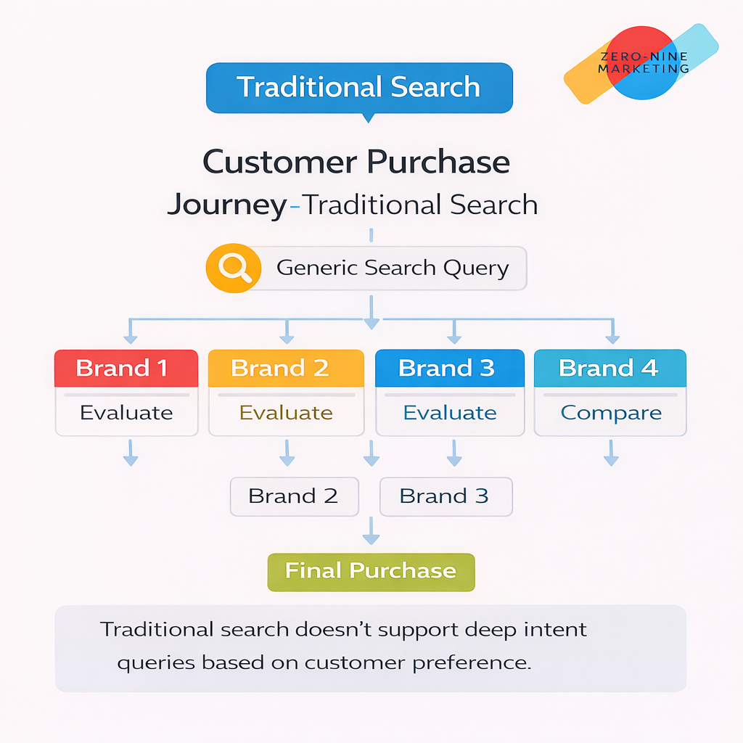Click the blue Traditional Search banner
tap(359, 88)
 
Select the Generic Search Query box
tap(392, 268)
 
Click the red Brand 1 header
tap(126, 368)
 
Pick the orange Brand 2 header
tap(286, 368)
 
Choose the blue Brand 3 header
tap(449, 368)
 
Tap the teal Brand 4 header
tap(609, 368)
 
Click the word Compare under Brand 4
tap(611, 413)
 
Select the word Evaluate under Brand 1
tap(126, 413)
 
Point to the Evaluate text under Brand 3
tap(450, 413)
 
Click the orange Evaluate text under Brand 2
tap(286, 413)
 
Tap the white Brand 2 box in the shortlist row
tap(294, 496)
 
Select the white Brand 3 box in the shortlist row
tap(445, 496)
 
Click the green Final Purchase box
tap(371, 570)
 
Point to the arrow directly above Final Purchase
tap(371, 533)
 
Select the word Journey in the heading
tap(226, 205)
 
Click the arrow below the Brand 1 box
tap(131, 453)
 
